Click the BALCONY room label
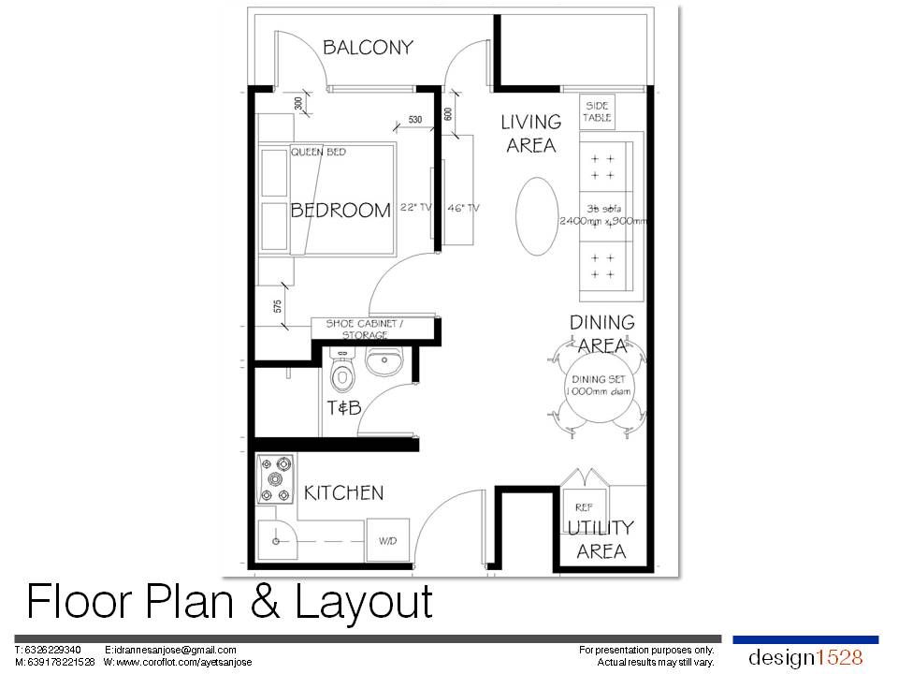(x=368, y=48)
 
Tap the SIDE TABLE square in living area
(x=597, y=112)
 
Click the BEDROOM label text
(x=340, y=211)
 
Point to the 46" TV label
(x=463, y=208)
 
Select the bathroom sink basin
(x=384, y=360)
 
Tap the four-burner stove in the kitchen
(x=276, y=478)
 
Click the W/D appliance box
(x=387, y=541)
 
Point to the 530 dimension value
(x=415, y=120)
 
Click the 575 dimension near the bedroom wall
(x=278, y=305)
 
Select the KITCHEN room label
(x=345, y=492)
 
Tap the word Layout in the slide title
(x=364, y=602)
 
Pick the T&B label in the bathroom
(x=343, y=408)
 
